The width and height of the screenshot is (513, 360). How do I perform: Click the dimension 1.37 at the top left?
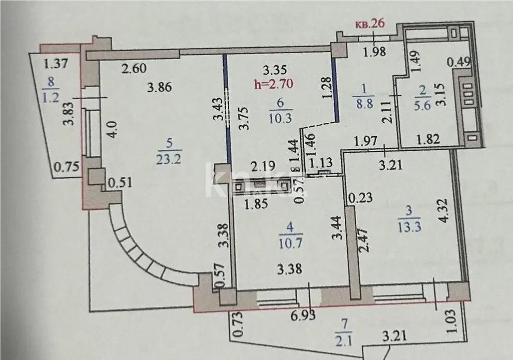tap(56, 64)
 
